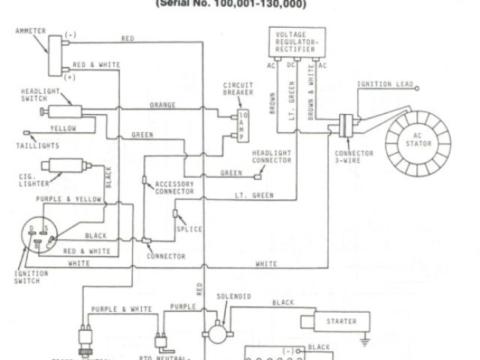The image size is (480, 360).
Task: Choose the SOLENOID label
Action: [x=229, y=298]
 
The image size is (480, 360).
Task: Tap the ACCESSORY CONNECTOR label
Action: [x=174, y=188]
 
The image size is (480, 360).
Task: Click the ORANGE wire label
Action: [x=163, y=104]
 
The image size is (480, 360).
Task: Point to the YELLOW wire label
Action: [x=69, y=128]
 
